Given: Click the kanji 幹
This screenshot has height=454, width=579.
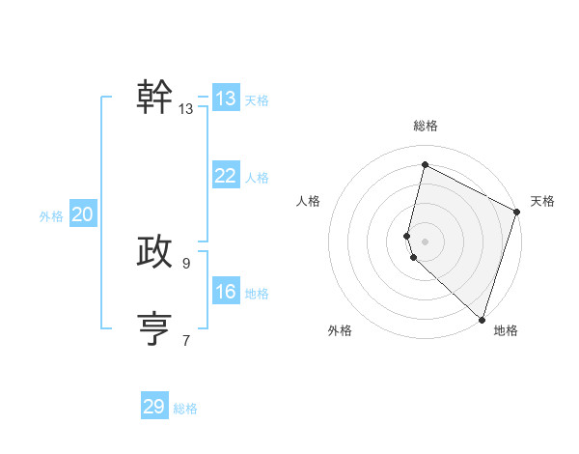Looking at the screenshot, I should [x=154, y=97].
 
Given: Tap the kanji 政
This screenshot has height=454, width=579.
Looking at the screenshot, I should [x=154, y=251].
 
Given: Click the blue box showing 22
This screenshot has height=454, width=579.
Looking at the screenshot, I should [x=225, y=176].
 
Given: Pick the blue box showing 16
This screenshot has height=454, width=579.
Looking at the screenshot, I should [x=225, y=292].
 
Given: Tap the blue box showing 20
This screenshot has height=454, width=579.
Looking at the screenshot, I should [x=82, y=214].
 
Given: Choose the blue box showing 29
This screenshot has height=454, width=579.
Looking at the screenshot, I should [x=154, y=407].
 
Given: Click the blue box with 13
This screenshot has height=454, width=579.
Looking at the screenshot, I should [x=225, y=99].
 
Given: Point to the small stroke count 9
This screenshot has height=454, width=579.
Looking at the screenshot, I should [x=186, y=263].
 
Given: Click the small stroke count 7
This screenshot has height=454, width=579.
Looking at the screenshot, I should [x=186, y=339].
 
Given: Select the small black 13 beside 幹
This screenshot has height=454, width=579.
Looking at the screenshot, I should [x=186, y=109].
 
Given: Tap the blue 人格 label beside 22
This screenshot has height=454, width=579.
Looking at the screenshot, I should [x=257, y=178].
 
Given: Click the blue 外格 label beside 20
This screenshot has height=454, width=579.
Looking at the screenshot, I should [x=51, y=216].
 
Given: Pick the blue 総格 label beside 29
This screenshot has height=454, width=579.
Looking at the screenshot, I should [x=185, y=409].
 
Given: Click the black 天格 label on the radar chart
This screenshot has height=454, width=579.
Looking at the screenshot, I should [x=542, y=201].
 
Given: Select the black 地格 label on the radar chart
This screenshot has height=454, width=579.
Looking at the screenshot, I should [x=506, y=331].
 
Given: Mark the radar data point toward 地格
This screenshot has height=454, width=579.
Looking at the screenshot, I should [x=482, y=320].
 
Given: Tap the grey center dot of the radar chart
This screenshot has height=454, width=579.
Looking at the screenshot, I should [x=425, y=241].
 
